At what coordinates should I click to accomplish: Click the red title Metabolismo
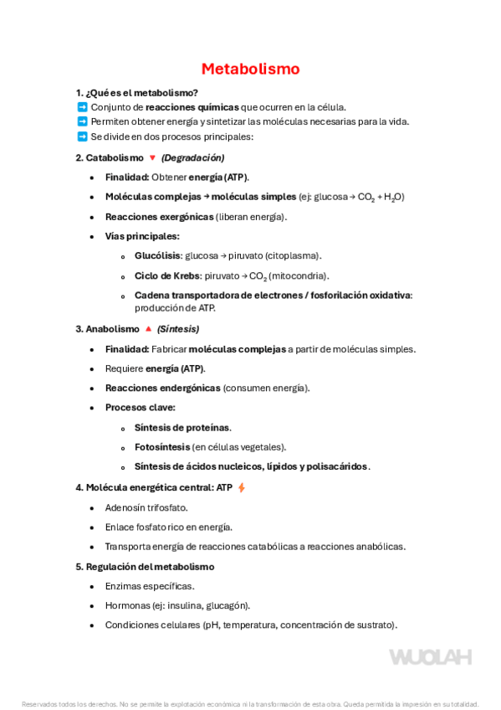click(250, 69)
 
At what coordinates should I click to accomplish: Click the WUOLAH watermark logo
click(430, 656)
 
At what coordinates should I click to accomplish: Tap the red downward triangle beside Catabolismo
click(152, 157)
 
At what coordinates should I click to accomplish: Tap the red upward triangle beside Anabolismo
click(148, 329)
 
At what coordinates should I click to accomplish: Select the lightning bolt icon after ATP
click(242, 487)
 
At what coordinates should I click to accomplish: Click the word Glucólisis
click(157, 256)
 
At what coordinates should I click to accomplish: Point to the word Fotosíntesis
click(161, 447)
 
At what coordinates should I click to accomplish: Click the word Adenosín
click(125, 507)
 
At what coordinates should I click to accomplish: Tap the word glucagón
click(229, 605)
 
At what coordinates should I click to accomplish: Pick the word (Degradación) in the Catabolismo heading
click(192, 157)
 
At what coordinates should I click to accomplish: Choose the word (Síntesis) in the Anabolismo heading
click(179, 329)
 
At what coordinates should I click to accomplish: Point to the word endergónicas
click(187, 388)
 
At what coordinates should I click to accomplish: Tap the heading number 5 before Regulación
click(78, 567)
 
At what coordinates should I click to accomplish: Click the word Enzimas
click(124, 586)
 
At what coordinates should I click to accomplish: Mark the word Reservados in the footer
click(37, 704)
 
